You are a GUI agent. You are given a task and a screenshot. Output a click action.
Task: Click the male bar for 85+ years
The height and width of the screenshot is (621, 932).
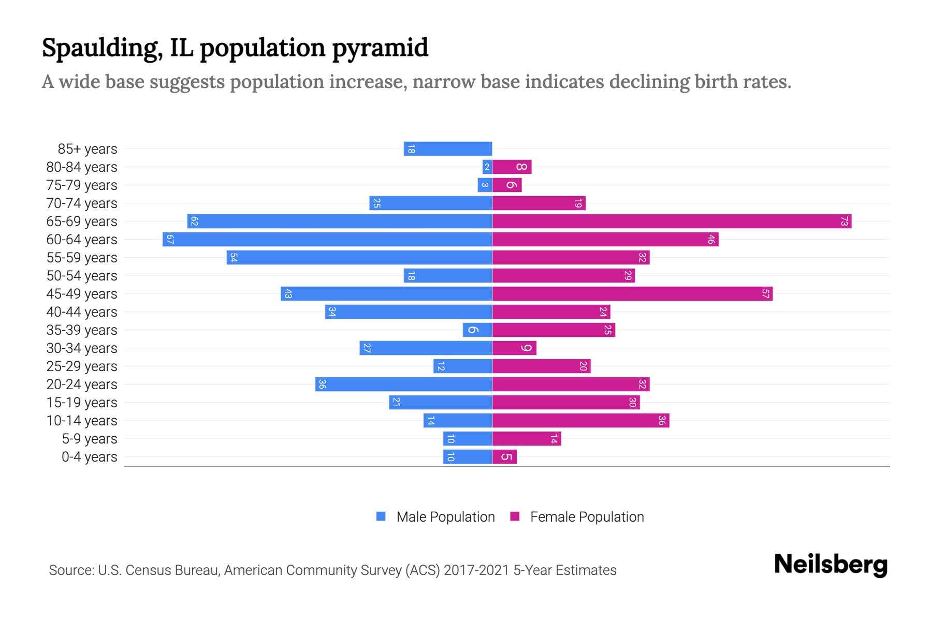tap(448, 149)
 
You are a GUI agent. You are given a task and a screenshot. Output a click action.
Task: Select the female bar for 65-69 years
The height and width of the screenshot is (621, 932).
tap(672, 221)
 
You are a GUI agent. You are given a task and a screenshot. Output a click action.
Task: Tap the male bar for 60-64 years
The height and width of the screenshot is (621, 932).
tap(327, 240)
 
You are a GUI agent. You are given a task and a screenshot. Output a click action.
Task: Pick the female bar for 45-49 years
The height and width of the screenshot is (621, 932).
tap(632, 294)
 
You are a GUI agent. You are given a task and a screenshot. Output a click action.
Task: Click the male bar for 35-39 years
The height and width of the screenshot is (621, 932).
tap(477, 330)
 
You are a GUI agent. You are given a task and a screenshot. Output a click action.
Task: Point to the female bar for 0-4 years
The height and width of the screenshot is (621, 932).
tap(504, 457)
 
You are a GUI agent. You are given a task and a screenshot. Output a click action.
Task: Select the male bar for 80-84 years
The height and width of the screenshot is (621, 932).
tap(487, 167)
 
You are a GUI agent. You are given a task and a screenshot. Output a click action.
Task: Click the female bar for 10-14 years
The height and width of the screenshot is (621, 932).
tap(580, 421)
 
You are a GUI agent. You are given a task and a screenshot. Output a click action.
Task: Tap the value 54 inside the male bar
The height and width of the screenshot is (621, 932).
tap(234, 258)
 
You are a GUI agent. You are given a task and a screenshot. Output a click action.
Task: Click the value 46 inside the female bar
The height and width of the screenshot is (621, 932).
tap(711, 240)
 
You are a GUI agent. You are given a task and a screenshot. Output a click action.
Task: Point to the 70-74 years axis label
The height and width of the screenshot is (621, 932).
tap(82, 203)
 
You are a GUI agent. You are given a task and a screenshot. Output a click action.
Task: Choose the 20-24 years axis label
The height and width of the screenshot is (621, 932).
tap(82, 385)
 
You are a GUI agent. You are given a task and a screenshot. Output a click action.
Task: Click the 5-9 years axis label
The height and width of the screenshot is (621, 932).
tap(90, 439)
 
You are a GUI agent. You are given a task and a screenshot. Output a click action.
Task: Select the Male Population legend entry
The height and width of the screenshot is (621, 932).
tap(445, 517)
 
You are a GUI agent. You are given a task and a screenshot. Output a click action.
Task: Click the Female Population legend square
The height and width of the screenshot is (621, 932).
tap(515, 516)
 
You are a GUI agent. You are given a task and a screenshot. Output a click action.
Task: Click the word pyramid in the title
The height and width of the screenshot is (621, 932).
tap(380, 48)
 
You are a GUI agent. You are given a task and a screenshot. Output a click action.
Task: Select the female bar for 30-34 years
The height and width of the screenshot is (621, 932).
tap(514, 348)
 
